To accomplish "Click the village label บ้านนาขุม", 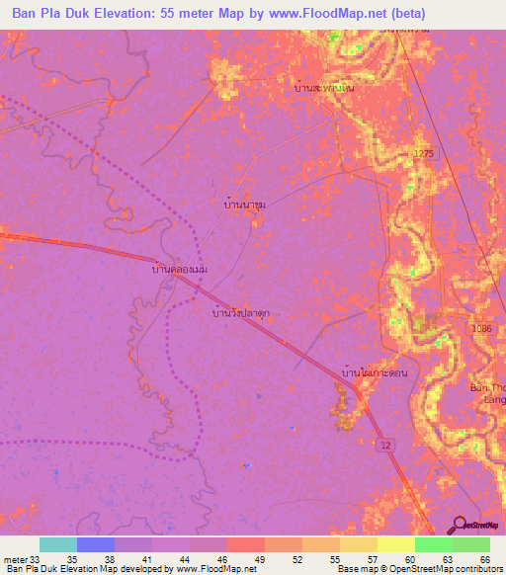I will [244, 205].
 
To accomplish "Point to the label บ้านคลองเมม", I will [179, 269].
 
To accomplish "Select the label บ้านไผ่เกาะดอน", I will [374, 373].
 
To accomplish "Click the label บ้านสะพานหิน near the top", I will [324, 88].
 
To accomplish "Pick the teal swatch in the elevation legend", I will [58, 544].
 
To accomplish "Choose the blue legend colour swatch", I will [96, 544].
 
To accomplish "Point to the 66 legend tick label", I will [483, 558].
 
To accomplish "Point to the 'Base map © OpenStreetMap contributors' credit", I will [417, 569].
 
